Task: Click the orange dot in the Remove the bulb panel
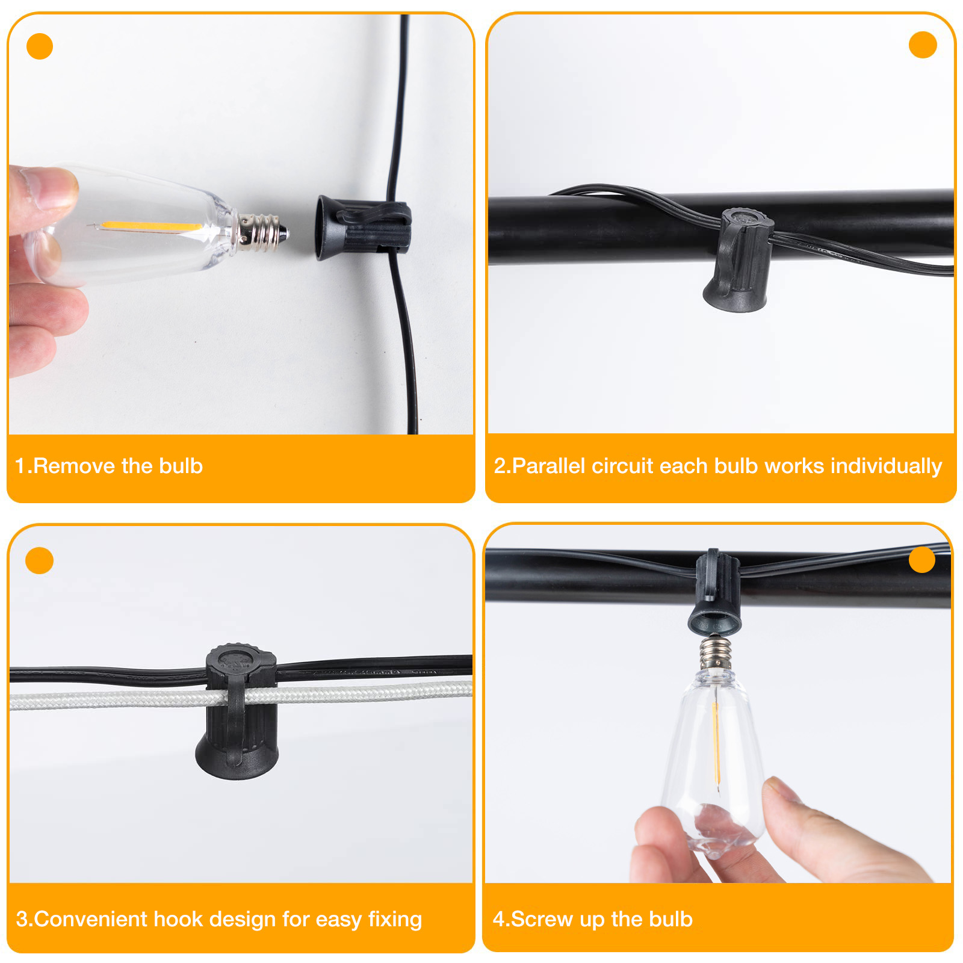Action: click(40, 46)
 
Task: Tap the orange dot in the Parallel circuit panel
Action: click(922, 45)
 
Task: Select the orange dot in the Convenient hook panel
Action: click(40, 560)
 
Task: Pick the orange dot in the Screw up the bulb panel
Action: click(921, 560)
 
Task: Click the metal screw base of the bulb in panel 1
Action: click(262, 232)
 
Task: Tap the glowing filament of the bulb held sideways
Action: click(150, 226)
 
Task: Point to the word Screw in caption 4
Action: click(542, 919)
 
